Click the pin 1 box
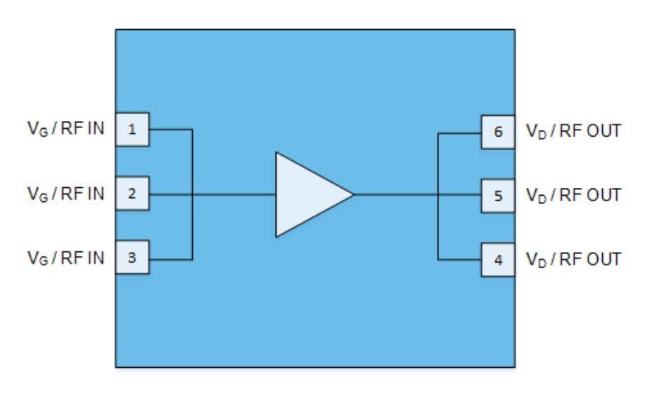pyautogui.click(x=132, y=129)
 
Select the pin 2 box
pyautogui.click(x=132, y=194)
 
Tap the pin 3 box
pyautogui.click(x=132, y=258)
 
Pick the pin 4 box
pyautogui.click(x=498, y=259)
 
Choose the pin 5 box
pyautogui.click(x=498, y=194)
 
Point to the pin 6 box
pyautogui.click(x=498, y=131)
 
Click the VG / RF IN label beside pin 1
pyautogui.click(x=65, y=130)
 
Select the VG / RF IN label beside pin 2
pyautogui.click(x=65, y=194)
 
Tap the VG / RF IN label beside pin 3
pyautogui.click(x=65, y=258)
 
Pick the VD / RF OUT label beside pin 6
pyautogui.click(x=573, y=131)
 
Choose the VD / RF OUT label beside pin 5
pyautogui.click(x=573, y=194)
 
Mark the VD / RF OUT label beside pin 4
pyautogui.click(x=573, y=259)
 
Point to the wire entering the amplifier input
pyautogui.click(x=235, y=194)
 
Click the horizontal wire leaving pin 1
pyautogui.click(x=171, y=129)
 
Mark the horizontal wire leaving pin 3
pyautogui.click(x=171, y=258)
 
